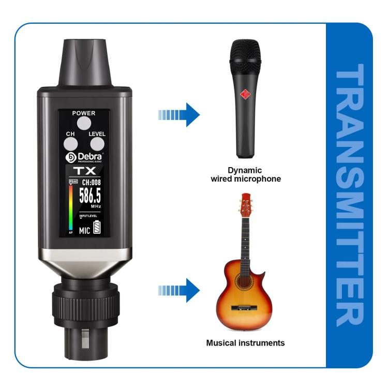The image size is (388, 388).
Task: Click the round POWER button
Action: pos(84,123)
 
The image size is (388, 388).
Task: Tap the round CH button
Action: pos(71,145)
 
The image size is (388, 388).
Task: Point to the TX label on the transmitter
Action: pos(84,171)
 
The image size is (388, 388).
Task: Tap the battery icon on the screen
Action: pos(96,228)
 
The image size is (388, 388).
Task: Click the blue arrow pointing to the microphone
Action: pos(178,114)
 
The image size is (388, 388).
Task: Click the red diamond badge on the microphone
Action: pos(246,94)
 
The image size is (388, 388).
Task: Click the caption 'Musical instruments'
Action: pos(245,343)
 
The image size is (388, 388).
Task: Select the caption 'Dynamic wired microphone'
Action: pos(245,174)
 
